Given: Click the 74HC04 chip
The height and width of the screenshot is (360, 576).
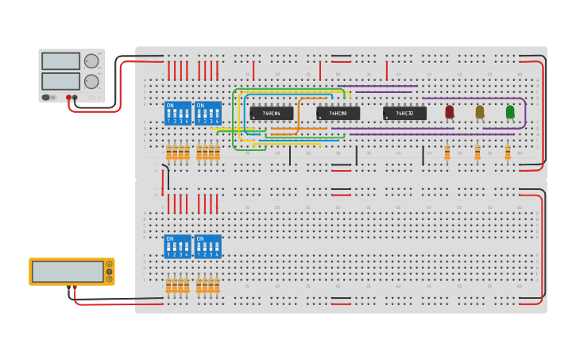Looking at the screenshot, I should point(272,114).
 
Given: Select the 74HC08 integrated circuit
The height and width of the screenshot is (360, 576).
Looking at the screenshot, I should point(338,114).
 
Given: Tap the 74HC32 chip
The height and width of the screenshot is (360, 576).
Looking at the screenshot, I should point(404,114).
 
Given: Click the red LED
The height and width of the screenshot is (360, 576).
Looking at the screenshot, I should point(450,112).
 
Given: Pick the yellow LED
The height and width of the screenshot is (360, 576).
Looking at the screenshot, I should point(480,112).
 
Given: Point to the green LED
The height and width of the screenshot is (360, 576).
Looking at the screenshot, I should point(510,112).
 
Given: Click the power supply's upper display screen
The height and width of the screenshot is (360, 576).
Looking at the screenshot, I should point(60,61).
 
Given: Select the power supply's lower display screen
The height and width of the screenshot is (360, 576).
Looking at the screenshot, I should point(60,81).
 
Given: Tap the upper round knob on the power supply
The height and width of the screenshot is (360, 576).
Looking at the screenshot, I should point(91,61).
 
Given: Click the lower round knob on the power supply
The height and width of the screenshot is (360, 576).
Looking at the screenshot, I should point(91,81).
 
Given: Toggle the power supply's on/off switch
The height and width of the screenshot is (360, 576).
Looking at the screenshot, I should point(48,97).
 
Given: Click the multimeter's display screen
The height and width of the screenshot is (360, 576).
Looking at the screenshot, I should point(68,271).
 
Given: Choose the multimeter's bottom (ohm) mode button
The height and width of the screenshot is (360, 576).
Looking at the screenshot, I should point(109,279).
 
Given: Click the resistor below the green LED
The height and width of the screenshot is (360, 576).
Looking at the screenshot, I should point(508,152).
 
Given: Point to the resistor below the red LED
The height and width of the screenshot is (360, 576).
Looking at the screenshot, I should point(447,152).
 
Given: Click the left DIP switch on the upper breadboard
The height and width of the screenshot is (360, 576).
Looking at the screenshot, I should point(177,113).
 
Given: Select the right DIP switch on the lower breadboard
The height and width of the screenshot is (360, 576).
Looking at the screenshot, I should point(207,246).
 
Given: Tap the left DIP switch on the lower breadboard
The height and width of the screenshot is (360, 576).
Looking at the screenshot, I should point(177,246).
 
